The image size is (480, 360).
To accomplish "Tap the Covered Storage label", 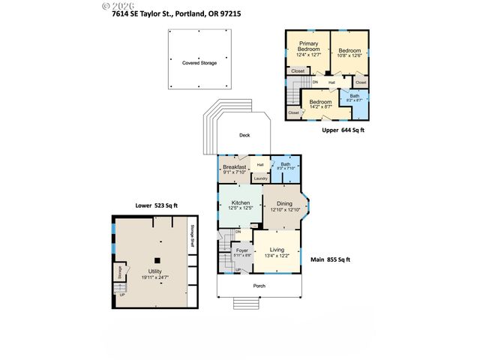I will coord(199,63).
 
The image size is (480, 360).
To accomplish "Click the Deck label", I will coord(244,135).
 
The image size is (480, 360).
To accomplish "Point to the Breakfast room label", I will coord(235,167).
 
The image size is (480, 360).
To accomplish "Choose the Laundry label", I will coord(260,178).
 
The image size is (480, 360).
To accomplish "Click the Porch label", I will coord(259,286).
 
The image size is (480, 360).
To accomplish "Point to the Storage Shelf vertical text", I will coord(192,236).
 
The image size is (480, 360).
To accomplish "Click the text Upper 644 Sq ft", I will coord(343,130).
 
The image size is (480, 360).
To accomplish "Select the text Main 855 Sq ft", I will coord(331,259).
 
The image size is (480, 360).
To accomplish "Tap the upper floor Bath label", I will coord(354,95).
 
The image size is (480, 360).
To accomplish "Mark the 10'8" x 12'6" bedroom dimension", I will coord(349,55).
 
